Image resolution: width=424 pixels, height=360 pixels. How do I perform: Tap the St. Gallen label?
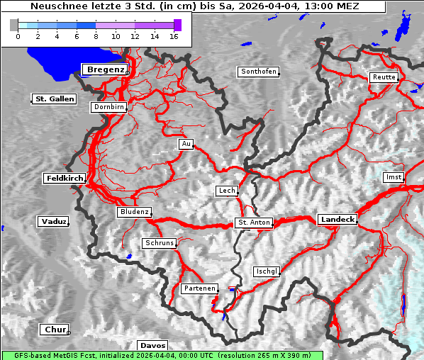(x=54, y=99)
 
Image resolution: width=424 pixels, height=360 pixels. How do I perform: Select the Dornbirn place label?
(x=109, y=108)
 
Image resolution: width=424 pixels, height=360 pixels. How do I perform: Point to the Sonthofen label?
(x=259, y=72)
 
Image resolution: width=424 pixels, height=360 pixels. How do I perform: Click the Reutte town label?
(x=384, y=77)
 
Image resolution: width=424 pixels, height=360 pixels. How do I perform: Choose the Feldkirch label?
(x=65, y=179)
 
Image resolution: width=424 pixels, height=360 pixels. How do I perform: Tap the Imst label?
(x=392, y=176)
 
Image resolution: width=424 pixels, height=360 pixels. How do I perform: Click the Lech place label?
(x=227, y=191)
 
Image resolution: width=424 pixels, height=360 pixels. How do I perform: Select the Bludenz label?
(x=135, y=212)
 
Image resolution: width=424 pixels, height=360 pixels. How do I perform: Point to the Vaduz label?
(x=54, y=222)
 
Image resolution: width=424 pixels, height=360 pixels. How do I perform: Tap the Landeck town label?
(x=337, y=220)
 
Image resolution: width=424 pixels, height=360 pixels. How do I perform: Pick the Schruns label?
(x=159, y=243)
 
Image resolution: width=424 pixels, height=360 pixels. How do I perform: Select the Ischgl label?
(x=267, y=271)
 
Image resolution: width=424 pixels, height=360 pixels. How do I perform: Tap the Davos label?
(x=152, y=345)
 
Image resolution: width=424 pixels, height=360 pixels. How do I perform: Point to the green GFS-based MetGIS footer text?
(x=162, y=355)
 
